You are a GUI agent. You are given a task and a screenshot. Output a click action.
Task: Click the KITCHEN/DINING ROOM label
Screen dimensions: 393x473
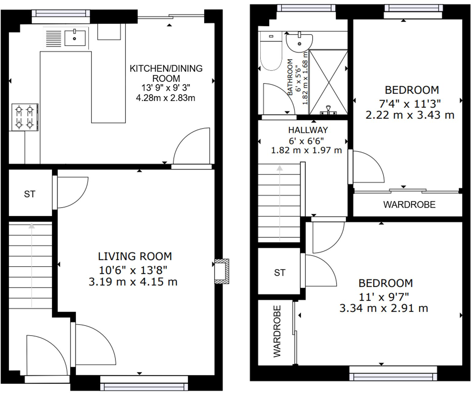point(166,73)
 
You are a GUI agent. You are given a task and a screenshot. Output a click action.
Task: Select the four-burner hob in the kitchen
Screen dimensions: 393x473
point(25,117)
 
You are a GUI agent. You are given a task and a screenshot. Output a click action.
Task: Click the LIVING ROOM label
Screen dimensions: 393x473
point(135,256)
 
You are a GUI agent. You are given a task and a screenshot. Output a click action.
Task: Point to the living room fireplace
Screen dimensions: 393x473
point(221,271)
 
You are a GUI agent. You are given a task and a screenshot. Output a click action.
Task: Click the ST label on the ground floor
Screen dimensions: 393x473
point(30,194)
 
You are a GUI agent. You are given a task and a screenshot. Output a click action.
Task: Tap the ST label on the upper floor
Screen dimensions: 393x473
point(279,272)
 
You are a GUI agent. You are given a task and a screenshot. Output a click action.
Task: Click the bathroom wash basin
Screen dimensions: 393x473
point(299,42)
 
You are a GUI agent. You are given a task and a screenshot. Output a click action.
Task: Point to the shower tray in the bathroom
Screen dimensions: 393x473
point(328,81)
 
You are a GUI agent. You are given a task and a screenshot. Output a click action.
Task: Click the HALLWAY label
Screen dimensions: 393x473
point(308,130)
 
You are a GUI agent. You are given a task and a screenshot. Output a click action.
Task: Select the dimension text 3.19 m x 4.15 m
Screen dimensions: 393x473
point(133,282)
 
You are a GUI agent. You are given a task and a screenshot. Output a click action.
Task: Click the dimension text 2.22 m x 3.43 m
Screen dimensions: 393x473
point(410,115)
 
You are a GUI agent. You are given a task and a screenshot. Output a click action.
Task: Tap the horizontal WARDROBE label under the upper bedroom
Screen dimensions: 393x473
point(409,205)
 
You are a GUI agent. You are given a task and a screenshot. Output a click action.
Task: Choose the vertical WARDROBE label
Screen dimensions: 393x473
point(277,331)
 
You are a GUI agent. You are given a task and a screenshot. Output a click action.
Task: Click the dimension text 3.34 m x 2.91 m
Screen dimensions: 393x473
point(384,308)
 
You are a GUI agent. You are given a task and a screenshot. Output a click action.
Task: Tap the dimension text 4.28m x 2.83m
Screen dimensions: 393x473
point(165,98)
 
